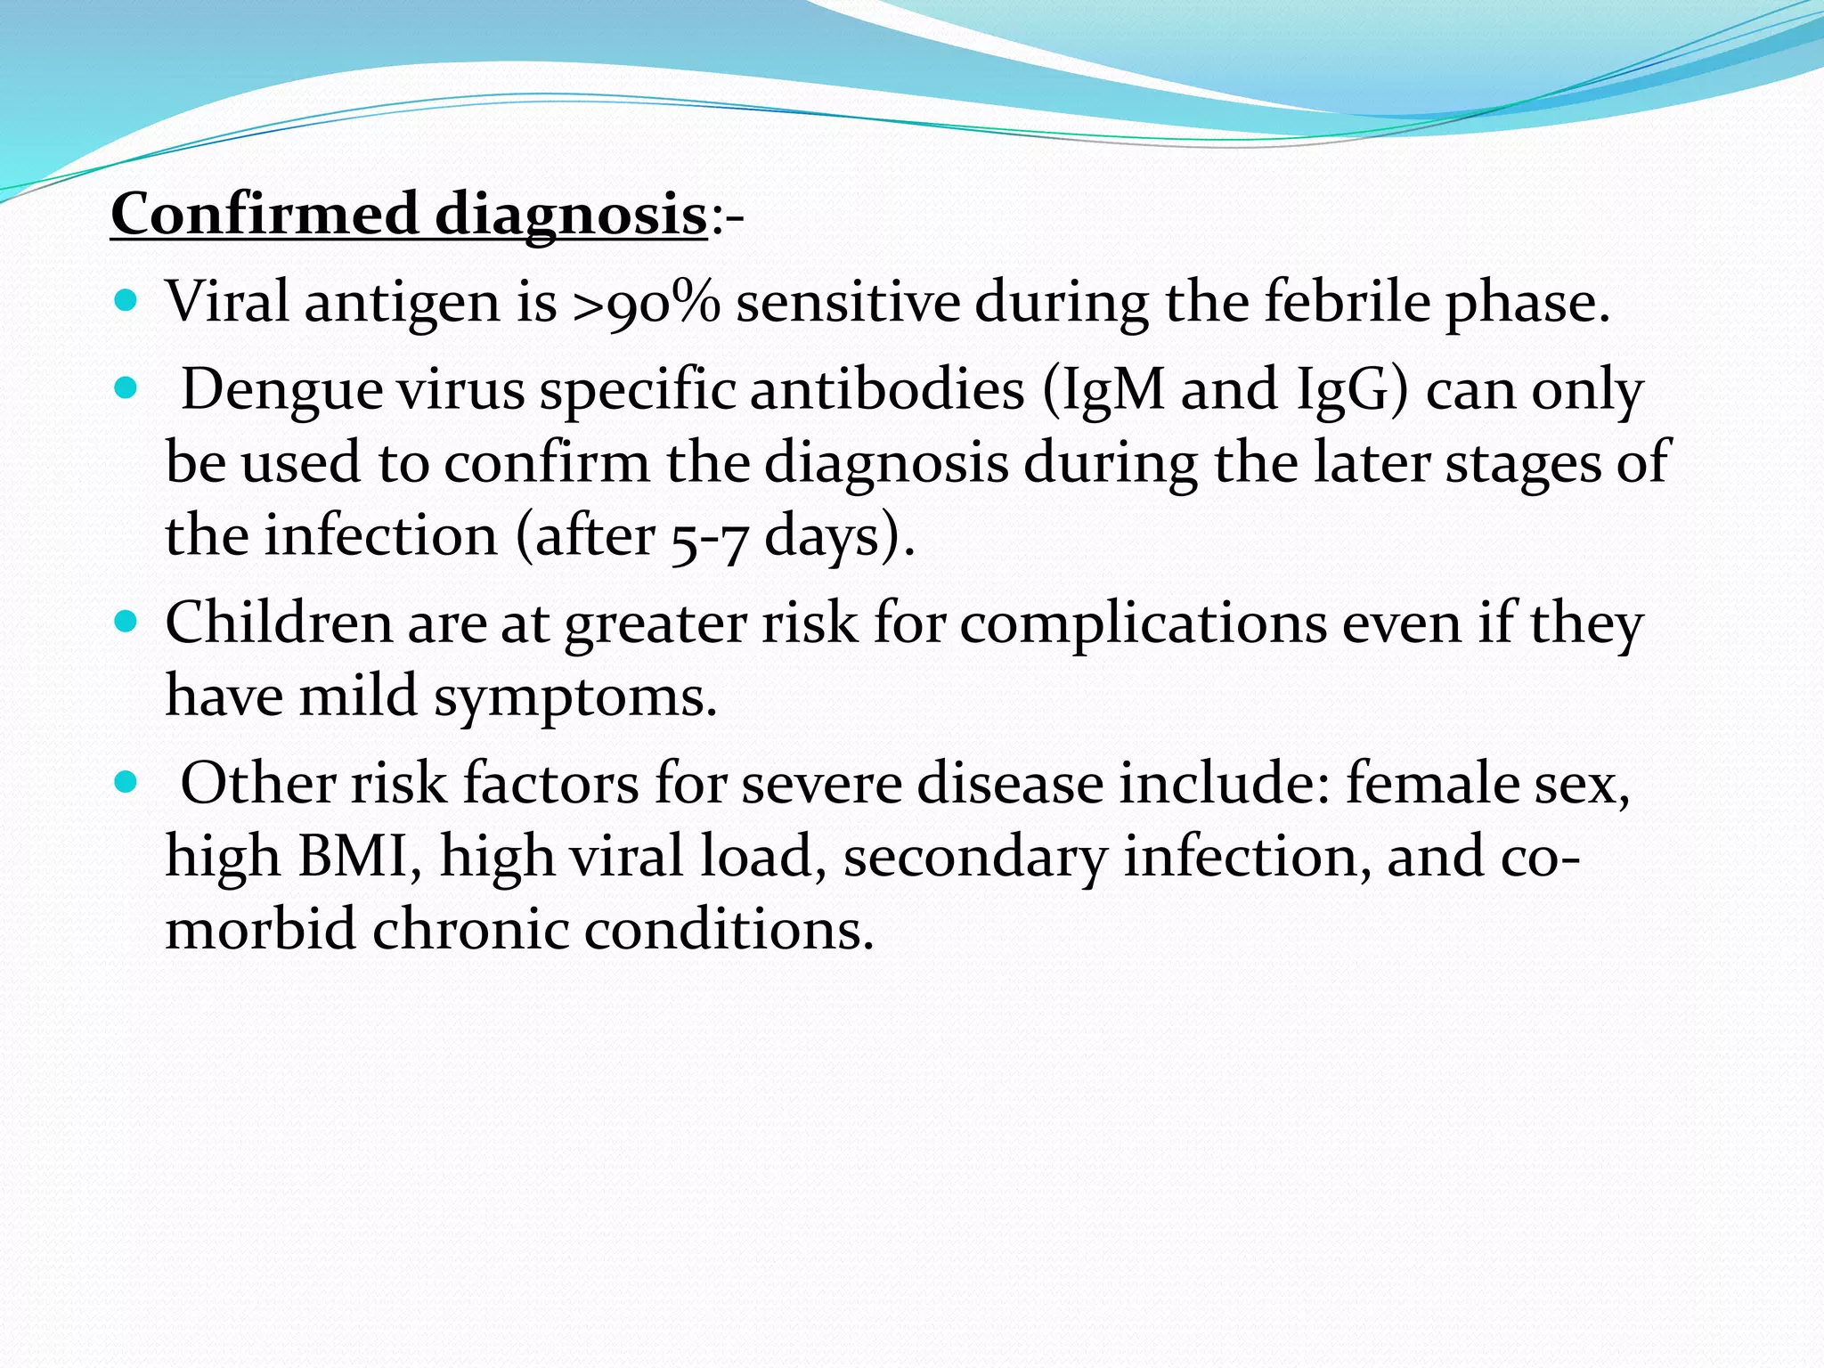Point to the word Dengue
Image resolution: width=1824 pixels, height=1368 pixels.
point(281,391)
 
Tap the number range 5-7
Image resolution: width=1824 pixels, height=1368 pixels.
point(707,538)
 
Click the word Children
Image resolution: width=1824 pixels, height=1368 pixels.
point(279,623)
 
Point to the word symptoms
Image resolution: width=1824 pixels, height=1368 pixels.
point(574,697)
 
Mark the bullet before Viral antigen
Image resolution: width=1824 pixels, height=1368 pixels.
point(127,302)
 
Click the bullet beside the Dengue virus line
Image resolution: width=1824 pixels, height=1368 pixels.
point(127,389)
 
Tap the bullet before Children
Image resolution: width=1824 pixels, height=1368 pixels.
point(127,622)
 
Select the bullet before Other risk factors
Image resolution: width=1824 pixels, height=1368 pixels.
point(127,783)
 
